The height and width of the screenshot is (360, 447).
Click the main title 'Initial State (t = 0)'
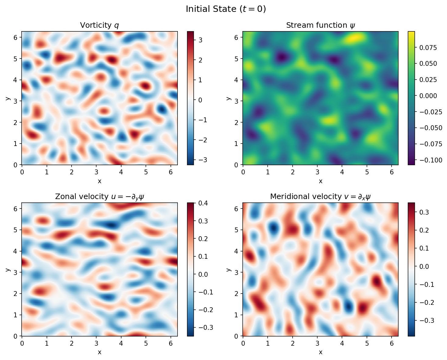(226, 9)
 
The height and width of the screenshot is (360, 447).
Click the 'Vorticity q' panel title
(100, 25)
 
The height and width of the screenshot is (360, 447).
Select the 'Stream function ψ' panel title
(320, 25)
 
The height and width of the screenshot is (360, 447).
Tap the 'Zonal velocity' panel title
(100, 197)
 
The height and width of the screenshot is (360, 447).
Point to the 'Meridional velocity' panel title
(320, 197)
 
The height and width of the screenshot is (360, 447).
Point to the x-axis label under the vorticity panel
(100, 181)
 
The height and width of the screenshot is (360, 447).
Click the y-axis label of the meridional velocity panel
(229, 269)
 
